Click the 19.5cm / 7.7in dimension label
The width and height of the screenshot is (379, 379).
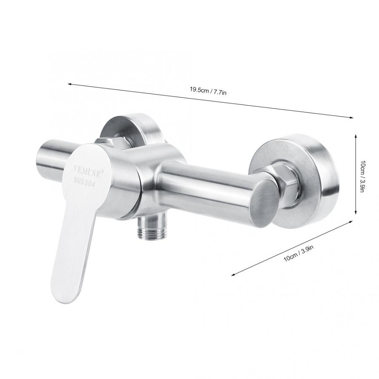[x=208, y=92]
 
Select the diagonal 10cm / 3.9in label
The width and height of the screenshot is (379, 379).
[x=299, y=253]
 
